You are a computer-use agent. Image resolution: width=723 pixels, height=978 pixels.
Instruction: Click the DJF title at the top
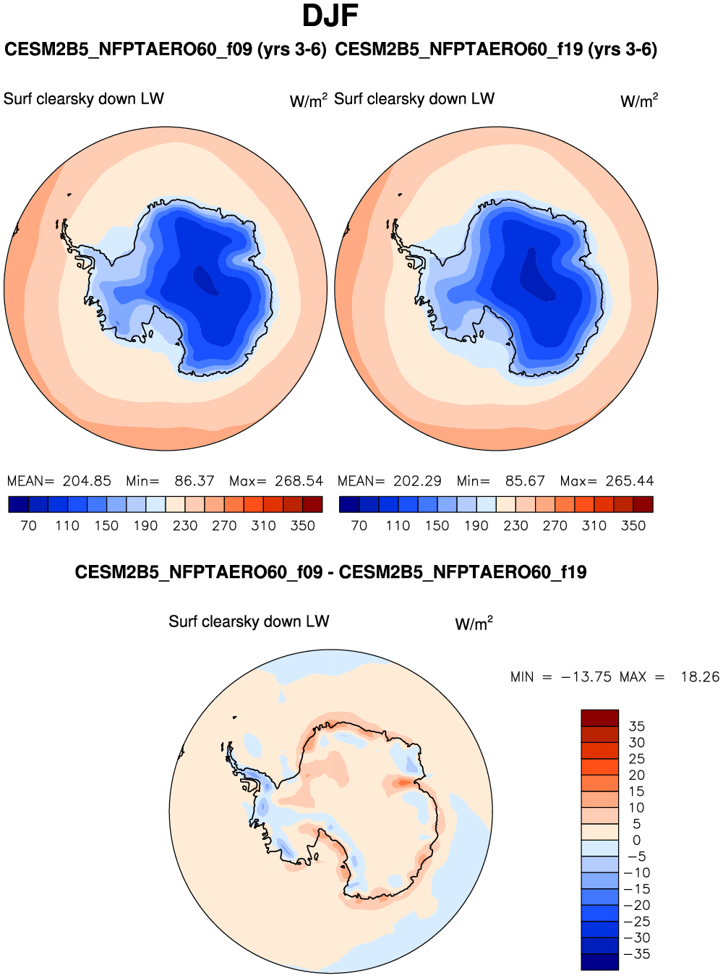(330, 16)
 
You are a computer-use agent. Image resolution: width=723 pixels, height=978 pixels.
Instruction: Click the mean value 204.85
(87, 481)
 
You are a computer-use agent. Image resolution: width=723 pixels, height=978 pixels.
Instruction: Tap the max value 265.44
(630, 481)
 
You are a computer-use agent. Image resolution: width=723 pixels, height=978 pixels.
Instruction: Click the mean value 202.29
(417, 481)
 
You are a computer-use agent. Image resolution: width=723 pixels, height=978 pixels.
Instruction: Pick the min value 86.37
(194, 481)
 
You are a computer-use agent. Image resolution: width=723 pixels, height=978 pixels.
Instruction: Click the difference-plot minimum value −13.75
(586, 677)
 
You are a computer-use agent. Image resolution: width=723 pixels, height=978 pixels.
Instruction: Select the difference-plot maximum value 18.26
(700, 677)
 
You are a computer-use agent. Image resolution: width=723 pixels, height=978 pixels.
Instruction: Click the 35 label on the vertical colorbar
(636, 726)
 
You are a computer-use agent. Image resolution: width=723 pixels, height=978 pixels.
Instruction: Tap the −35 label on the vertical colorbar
(637, 954)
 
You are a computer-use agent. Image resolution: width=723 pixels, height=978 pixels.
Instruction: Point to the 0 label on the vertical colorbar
(636, 841)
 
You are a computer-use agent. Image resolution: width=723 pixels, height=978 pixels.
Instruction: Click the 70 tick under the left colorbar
(28, 526)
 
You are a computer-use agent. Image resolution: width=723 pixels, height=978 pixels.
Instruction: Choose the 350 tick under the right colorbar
(633, 526)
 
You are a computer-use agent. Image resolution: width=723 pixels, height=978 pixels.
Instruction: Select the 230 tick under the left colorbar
(185, 526)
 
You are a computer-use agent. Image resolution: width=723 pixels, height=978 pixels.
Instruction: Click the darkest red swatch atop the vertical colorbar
(599, 718)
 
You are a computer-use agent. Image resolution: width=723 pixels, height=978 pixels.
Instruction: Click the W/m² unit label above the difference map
(474, 624)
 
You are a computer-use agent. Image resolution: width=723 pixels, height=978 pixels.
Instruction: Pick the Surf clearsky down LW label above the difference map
(249, 621)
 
